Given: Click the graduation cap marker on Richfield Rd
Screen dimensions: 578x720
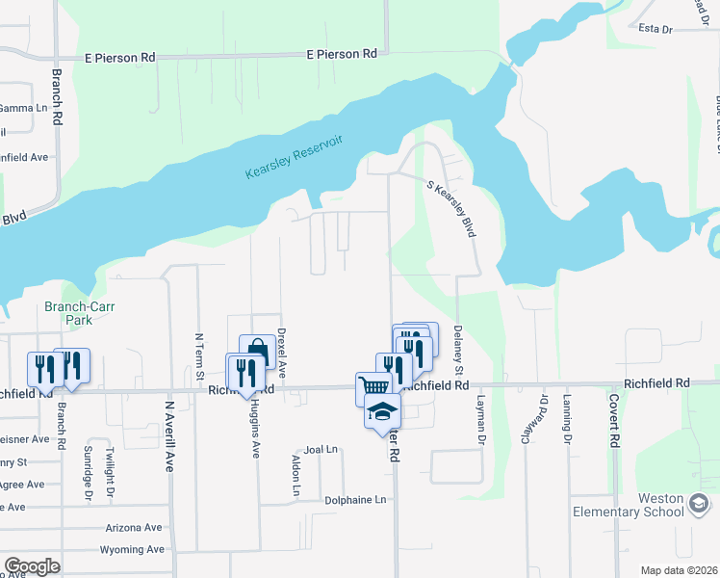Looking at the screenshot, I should click(382, 411).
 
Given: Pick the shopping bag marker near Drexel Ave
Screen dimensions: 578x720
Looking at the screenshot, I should click(258, 351).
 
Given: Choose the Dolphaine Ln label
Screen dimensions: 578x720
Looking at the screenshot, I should click(354, 500).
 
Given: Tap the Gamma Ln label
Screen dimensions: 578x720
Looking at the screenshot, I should click(23, 108).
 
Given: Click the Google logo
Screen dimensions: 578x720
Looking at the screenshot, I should click(32, 565).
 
